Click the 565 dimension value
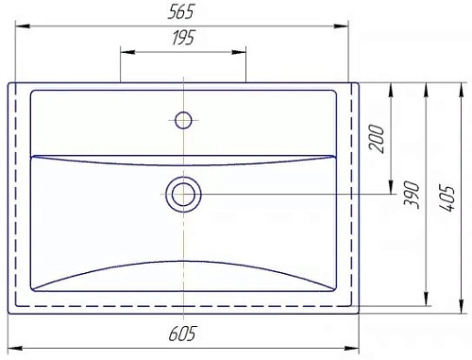tap(181, 12)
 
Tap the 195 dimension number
tap(183, 38)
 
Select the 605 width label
tap(182, 334)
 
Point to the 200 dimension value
tap(377, 139)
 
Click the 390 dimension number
tap(412, 195)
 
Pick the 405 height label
tap(447, 199)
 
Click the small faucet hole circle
tap(183, 120)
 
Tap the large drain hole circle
tap(183, 195)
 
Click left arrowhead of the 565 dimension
tap(23, 26)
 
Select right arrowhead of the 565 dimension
tap(341, 26)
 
